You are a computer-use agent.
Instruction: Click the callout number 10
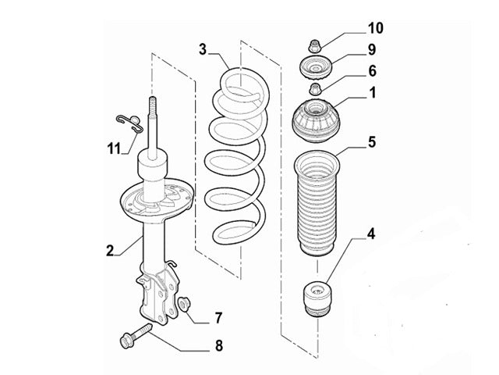[x=375, y=30]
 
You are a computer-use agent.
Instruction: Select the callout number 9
[x=372, y=50]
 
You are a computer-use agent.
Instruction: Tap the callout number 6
[x=372, y=71]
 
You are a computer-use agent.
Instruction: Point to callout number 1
[x=372, y=93]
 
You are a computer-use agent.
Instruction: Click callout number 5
[x=372, y=142]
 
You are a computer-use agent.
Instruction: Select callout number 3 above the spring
[x=202, y=51]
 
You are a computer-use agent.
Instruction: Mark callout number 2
[x=110, y=251]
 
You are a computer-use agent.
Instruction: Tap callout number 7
[x=218, y=317]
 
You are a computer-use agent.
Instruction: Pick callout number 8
[x=218, y=345]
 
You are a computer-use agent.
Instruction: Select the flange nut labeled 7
[x=186, y=304]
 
